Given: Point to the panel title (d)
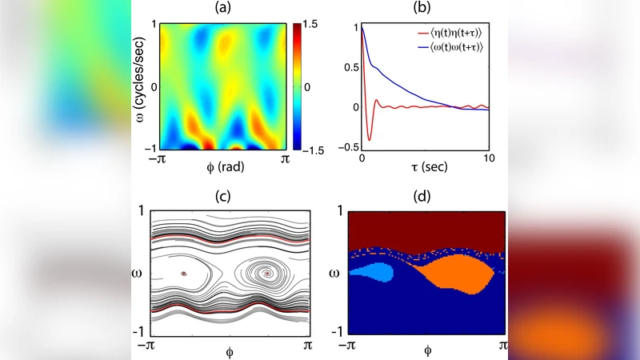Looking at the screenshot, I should click(424, 198).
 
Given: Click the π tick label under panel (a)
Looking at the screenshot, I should click(284, 160).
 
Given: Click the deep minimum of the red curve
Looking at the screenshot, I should click(370, 140).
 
